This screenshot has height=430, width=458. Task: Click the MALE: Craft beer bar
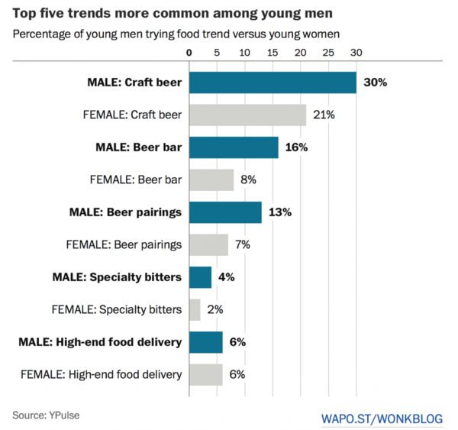[x=273, y=82]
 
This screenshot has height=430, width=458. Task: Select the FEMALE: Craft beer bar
[x=247, y=115]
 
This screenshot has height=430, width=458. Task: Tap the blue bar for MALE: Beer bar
[x=234, y=147]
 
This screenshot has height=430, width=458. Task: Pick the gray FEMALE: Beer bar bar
[x=211, y=180]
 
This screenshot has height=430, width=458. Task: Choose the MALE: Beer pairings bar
[x=225, y=212]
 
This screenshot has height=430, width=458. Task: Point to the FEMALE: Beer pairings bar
[x=208, y=245]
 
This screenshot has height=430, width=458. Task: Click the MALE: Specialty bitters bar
[x=200, y=277]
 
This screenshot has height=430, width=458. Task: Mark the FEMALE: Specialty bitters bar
[x=195, y=310]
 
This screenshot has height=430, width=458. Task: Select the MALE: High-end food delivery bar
[x=205, y=342]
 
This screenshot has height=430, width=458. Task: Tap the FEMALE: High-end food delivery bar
[x=205, y=375]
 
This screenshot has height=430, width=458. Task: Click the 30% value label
[x=376, y=82]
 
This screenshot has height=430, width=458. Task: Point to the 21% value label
[x=324, y=115]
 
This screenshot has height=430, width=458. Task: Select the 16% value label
[x=296, y=147]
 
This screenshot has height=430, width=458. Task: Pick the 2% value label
[x=214, y=310]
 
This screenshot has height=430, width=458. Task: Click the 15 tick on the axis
[x=272, y=53]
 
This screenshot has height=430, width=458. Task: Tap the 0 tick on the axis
[x=189, y=53]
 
